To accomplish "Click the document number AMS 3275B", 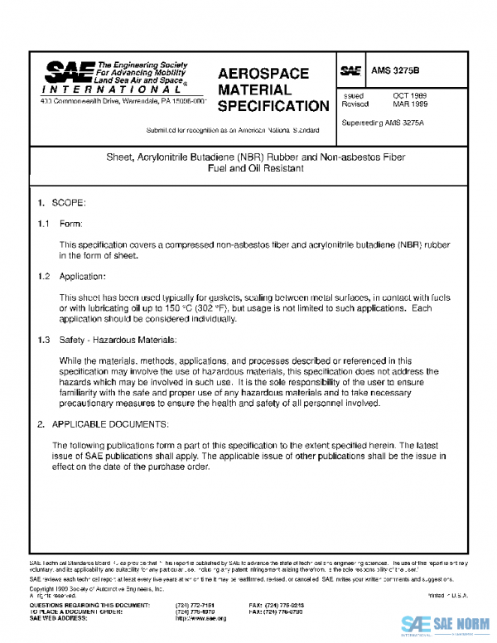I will point(395,71).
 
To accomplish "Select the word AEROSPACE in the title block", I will point(263,74).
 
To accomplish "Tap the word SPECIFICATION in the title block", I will point(273,106).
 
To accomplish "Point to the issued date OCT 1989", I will point(409,96).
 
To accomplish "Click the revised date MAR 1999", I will point(409,105).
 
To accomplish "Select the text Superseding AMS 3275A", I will point(384,123).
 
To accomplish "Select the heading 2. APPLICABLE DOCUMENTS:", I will point(103,424).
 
